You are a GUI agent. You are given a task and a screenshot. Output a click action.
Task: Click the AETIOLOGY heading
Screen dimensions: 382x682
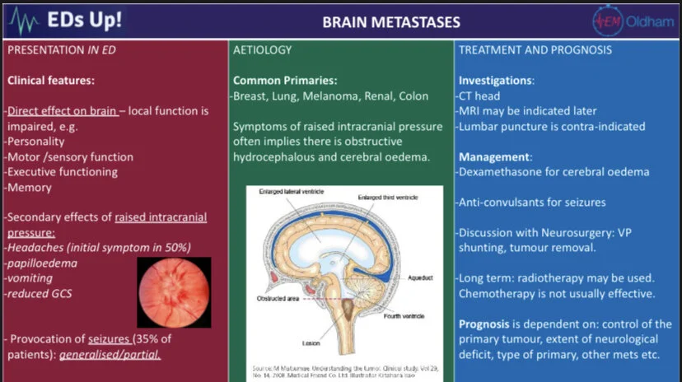click(264, 49)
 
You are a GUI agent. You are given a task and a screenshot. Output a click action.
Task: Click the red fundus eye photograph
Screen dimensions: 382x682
click(173, 292)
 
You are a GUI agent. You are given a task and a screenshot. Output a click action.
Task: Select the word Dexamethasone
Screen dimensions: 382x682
click(501, 172)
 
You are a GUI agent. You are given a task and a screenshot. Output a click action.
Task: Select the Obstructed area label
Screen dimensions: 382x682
click(278, 297)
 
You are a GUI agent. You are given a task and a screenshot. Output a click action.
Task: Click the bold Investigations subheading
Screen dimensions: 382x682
click(496, 81)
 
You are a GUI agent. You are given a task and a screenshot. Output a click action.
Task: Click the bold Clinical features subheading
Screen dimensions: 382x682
click(50, 81)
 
